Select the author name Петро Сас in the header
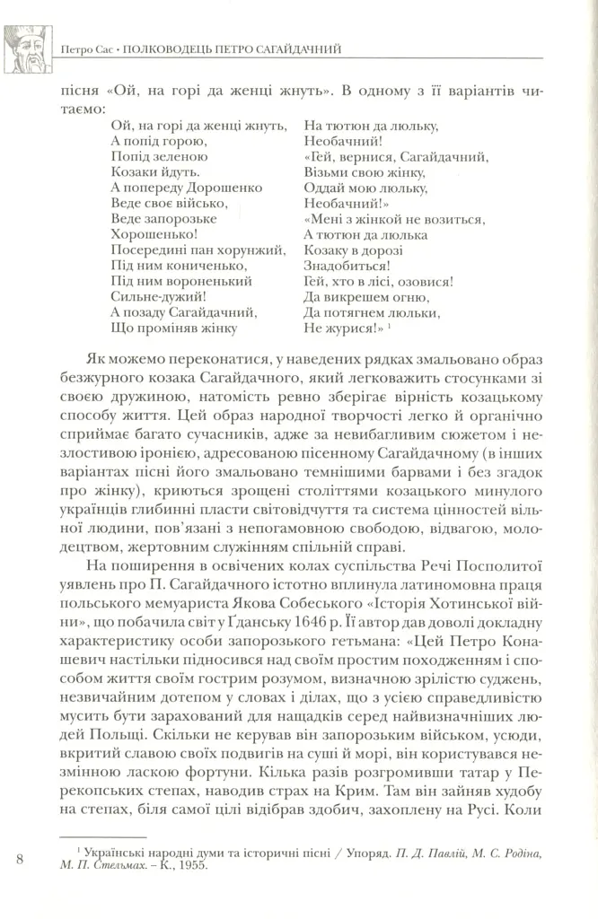pyautogui.click(x=78, y=47)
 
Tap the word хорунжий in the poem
pyautogui.click(x=253, y=249)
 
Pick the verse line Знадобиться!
pyautogui.click(x=347, y=266)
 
